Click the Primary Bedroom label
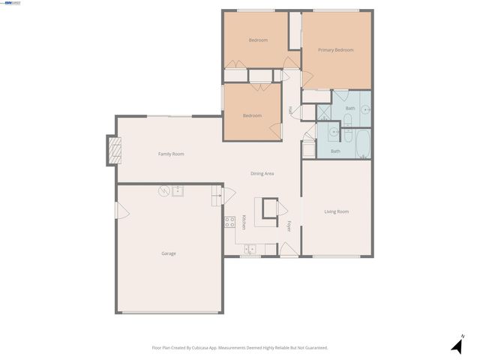click(x=335, y=50)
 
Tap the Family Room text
click(x=171, y=154)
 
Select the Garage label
click(x=169, y=253)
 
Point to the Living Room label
click(x=336, y=211)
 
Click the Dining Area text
click(x=262, y=173)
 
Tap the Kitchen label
click(x=244, y=223)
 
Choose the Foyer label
click(x=289, y=226)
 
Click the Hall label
click(x=290, y=110)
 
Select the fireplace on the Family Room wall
click(x=112, y=150)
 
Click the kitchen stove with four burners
click(x=229, y=222)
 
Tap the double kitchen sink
click(x=250, y=248)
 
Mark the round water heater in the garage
click(x=163, y=192)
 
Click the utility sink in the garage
click(x=178, y=191)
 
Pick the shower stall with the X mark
click(x=324, y=113)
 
